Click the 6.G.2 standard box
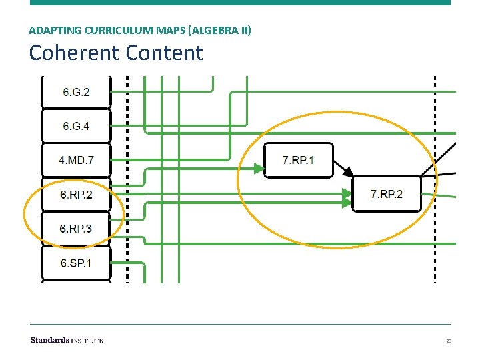[76, 92]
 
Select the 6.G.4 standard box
[76, 126]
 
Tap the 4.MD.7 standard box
[76, 160]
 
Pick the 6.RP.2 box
[76, 195]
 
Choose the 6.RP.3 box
[76, 229]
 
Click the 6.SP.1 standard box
[76, 263]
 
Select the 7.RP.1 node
[298, 160]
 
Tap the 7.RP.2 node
[387, 194]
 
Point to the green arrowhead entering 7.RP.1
[258, 169]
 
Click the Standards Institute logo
[67, 340]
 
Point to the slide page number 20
[449, 341]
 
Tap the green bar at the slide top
[240, 3]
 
